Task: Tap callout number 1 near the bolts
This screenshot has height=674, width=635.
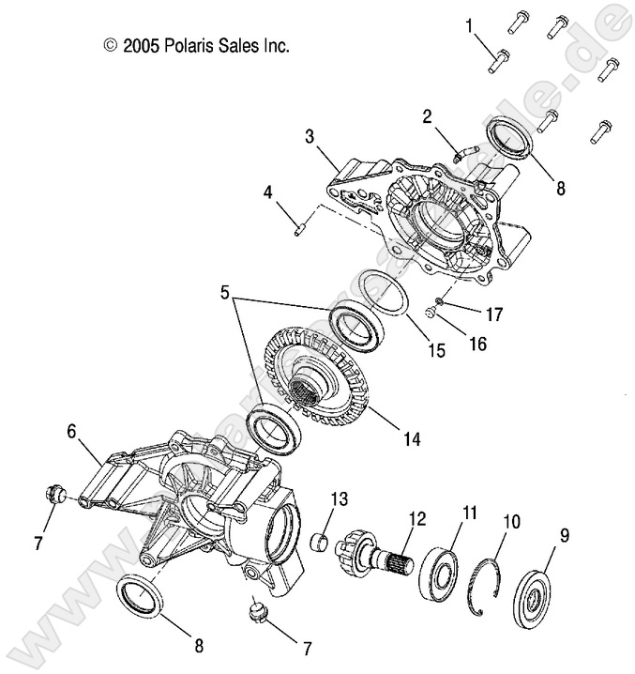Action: [470, 28]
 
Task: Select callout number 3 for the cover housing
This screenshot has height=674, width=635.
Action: [309, 137]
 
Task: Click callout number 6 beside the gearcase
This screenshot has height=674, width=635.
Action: [70, 431]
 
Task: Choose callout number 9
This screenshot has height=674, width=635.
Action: [565, 536]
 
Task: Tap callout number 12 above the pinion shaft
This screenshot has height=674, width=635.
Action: [416, 517]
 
